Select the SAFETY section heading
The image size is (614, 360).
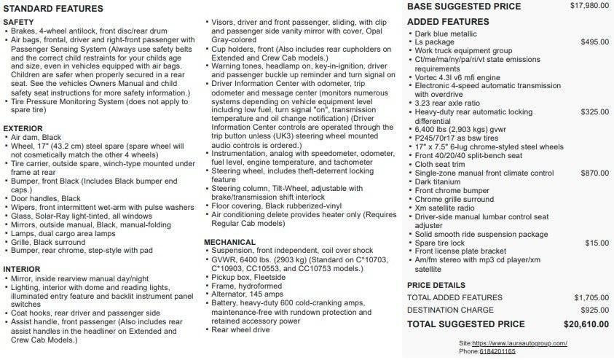coord(18,23)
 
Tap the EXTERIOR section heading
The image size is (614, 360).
coord(23,128)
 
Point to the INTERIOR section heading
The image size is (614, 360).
coord(22,269)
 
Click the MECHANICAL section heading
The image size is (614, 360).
coord(229,242)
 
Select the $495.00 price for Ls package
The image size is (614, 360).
coord(595,42)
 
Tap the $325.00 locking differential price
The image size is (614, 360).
coord(595,111)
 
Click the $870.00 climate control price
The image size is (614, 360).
coord(595,173)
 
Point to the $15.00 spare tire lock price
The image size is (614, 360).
coord(597,243)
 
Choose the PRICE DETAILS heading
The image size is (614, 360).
coord(436,285)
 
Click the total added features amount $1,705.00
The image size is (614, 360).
coord(591,297)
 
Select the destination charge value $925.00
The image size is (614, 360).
coord(595,310)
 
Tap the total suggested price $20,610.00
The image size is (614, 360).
coord(586,324)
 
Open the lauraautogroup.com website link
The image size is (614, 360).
coord(519,343)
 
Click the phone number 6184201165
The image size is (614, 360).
coord(497,351)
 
